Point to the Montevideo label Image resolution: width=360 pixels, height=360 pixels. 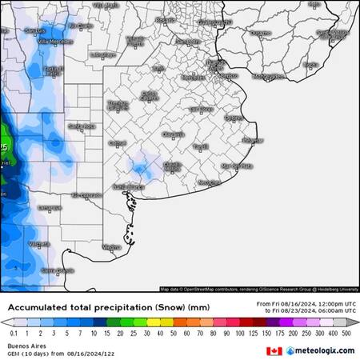[x=268, y=76]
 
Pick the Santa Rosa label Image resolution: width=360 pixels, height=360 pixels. [x=82, y=126]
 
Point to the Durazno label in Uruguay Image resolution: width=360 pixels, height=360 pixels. [x=261, y=34]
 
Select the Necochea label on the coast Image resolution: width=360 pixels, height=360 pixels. [x=209, y=182]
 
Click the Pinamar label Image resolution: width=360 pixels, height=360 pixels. [x=252, y=140]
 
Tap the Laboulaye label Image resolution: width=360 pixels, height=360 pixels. [x=102, y=54]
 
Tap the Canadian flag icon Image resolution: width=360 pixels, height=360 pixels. [x=274, y=350]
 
